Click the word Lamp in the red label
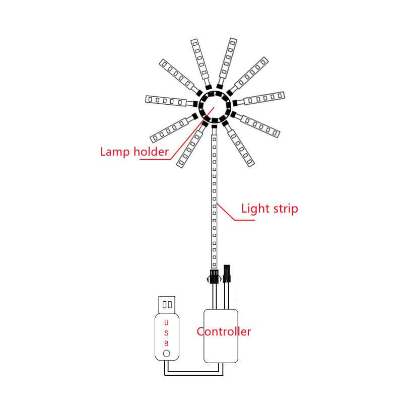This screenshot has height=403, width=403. tap(115, 152)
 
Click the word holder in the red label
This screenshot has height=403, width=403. tap(151, 152)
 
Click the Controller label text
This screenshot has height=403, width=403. tap(224, 331)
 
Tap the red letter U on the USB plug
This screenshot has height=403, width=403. tap(166, 322)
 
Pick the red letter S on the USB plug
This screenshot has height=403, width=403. tap(166, 333)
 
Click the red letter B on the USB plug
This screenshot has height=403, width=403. tap(166, 344)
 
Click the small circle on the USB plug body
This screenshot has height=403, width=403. tap(167, 354)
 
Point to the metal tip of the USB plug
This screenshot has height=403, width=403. tap(167, 305)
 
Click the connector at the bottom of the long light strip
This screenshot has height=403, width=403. tap(214, 276)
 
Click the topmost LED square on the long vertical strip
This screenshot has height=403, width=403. tap(215, 140)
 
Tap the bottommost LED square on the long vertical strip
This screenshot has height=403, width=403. tap(215, 264)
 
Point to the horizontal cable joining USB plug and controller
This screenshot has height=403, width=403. tap(193, 373)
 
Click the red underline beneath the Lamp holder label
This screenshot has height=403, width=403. tap(155, 159)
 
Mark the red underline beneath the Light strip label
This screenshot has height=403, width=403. tap(244, 220)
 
